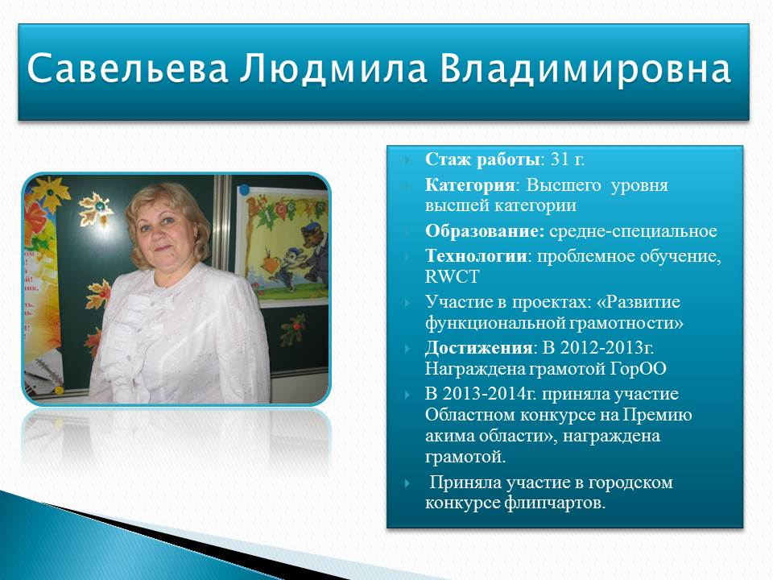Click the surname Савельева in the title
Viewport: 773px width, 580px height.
[127, 68]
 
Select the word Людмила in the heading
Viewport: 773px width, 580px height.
[333, 68]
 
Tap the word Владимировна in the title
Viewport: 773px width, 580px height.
[585, 68]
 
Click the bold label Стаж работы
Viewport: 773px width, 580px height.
[482, 159]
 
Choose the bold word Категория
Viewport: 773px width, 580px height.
[469, 185]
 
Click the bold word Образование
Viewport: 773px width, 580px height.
[484, 231]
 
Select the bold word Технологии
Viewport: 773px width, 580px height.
[476, 256]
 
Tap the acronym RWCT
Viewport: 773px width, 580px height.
[452, 276]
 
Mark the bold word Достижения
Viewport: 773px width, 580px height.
[478, 348]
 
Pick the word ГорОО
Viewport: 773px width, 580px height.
[638, 368]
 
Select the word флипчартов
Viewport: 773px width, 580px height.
[555, 503]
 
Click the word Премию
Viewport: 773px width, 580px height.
[657, 415]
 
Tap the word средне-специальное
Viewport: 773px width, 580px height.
[633, 231]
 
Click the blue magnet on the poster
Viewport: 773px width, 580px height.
[244, 188]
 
